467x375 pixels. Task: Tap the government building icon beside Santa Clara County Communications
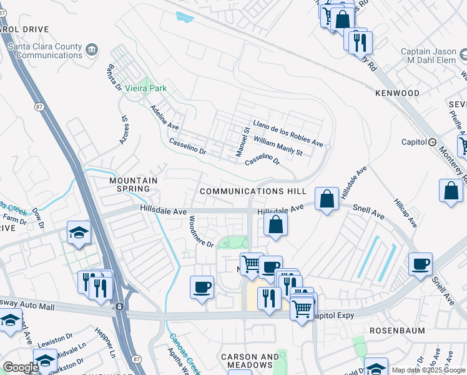[91, 49]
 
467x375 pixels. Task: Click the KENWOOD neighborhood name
[397, 93]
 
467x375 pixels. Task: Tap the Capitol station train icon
[432, 142]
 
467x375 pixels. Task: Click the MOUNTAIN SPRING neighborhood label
[130, 184]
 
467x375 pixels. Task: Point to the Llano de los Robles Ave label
[288, 133]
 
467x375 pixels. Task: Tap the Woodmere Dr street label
[201, 231]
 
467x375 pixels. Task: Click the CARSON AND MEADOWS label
[250, 361]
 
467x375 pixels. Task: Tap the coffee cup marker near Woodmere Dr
[202, 287]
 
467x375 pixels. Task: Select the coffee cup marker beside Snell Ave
[420, 264]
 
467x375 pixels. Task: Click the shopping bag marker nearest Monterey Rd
[451, 191]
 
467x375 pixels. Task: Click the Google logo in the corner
[21, 368]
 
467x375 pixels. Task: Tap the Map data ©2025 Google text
[428, 370]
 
